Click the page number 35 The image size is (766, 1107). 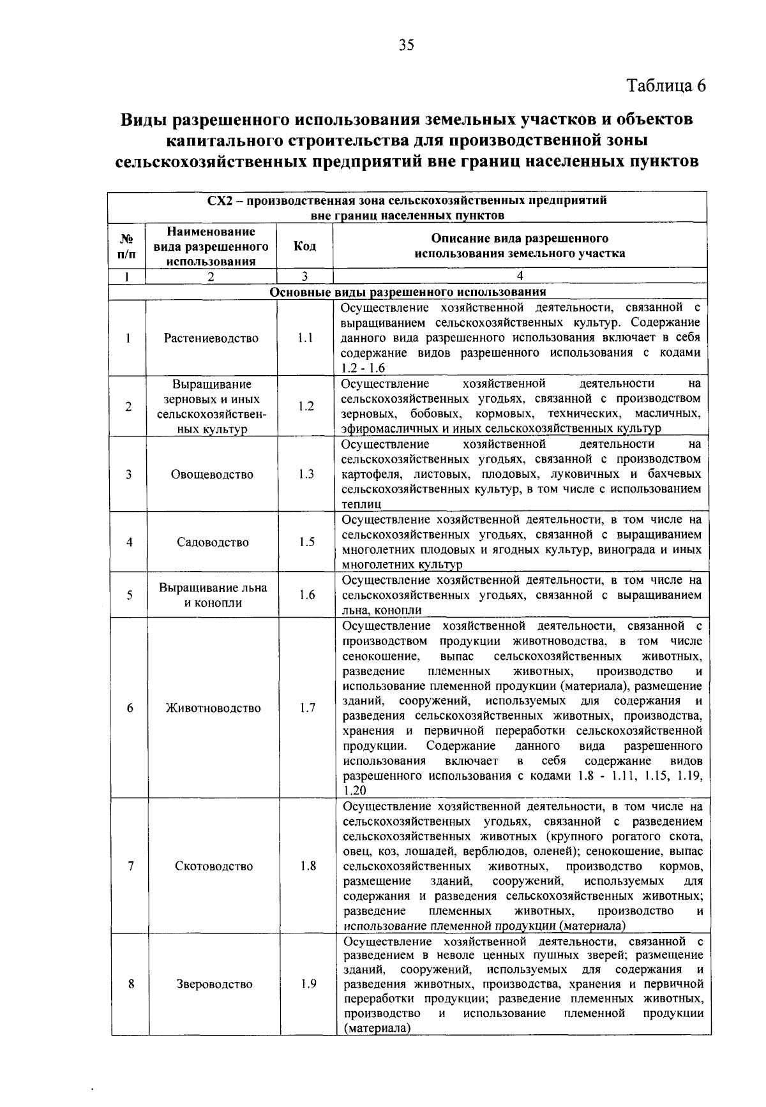click(407, 45)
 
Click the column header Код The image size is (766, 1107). click(304, 246)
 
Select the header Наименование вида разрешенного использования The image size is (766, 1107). click(211, 246)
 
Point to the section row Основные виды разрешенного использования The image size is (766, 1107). click(408, 292)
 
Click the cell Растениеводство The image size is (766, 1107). click(211, 338)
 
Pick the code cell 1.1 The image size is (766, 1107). click(305, 338)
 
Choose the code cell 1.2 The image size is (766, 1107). click(306, 406)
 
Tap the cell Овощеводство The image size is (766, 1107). click(212, 474)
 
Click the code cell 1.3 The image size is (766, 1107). click(306, 474)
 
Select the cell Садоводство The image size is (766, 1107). click(213, 542)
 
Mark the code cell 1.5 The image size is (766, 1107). click(306, 542)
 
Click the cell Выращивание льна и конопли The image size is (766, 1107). click(213, 595)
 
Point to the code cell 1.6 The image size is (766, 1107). click(307, 595)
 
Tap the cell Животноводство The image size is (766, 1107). click(213, 708)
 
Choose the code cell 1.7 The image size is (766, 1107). click(308, 708)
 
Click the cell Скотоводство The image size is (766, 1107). click(214, 866)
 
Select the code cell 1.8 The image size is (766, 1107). click(308, 866)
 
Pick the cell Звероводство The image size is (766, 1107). click(214, 984)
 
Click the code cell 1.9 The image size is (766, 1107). click(309, 984)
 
